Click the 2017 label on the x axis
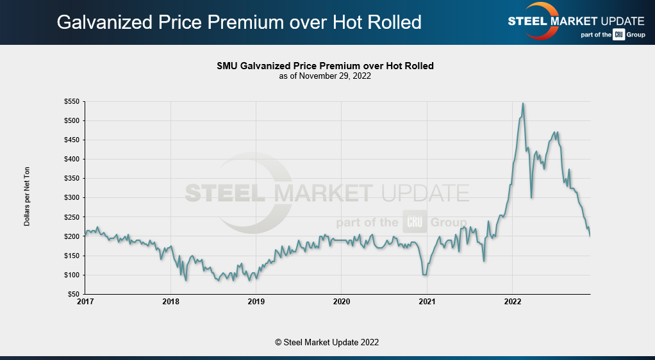click(x=86, y=301)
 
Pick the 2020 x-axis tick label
click(x=342, y=301)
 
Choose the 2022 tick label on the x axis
click(x=512, y=301)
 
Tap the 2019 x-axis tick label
click(x=256, y=301)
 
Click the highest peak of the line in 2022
click(x=524, y=103)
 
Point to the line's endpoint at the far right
click(x=590, y=236)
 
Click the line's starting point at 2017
click(x=86, y=234)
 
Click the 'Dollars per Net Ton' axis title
click(x=27, y=197)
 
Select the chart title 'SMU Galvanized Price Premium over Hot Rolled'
click(x=325, y=66)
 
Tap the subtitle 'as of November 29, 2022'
click(x=325, y=76)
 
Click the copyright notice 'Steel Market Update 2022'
click(x=327, y=342)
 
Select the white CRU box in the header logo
click(x=618, y=35)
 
